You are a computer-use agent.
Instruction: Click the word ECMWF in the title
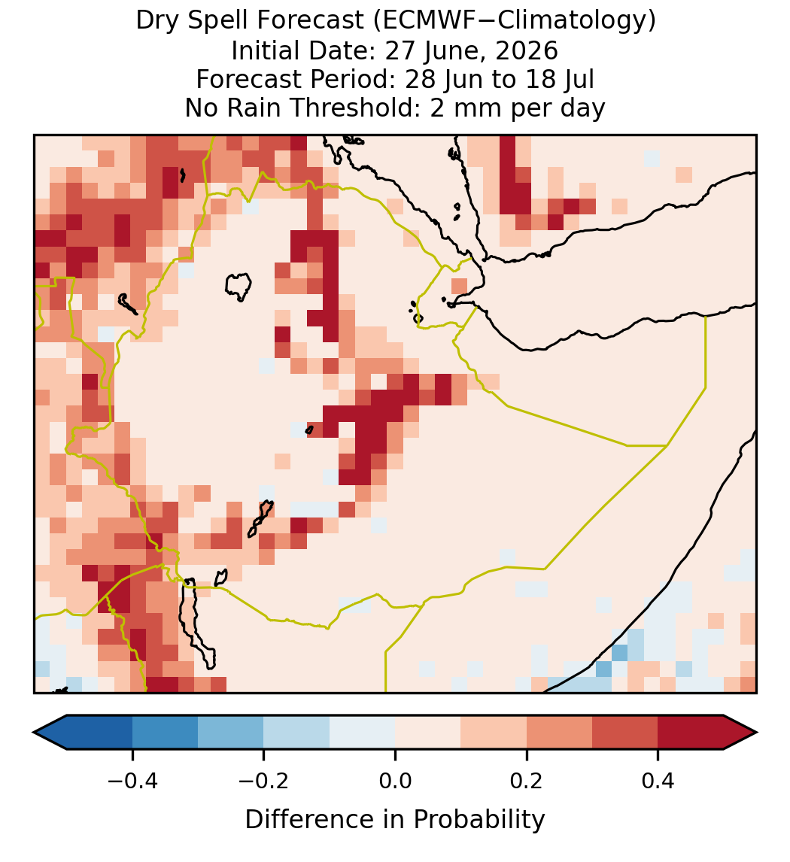422,21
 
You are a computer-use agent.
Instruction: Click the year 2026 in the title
527,50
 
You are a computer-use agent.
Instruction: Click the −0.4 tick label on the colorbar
132,781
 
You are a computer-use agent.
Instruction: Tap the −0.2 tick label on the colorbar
263,781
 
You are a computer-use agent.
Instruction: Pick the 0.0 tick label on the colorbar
395,781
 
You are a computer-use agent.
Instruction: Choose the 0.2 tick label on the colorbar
527,781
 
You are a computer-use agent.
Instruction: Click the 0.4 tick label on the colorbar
658,781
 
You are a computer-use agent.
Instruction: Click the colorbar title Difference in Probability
395,820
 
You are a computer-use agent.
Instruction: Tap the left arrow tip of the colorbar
34,733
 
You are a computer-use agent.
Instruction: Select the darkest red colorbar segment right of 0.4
691,733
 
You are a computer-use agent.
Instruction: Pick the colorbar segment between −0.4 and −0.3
165,733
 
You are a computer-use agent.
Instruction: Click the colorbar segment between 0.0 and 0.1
427,733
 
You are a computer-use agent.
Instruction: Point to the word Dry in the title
157,22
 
